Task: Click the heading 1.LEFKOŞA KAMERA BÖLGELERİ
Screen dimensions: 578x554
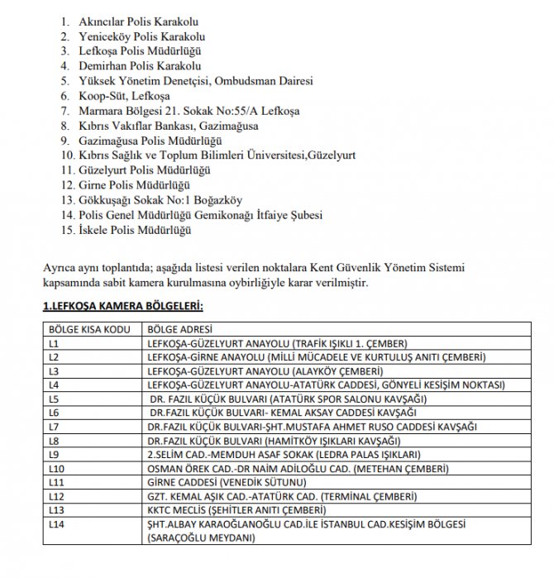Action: pos(122,307)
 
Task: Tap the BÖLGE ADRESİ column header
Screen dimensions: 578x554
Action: pos(179,328)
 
